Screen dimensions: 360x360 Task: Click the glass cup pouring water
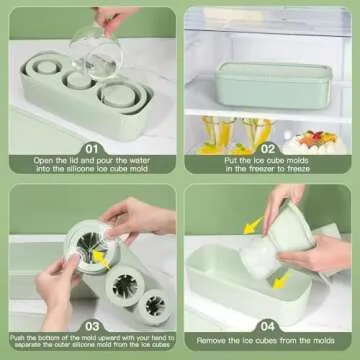99,50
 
